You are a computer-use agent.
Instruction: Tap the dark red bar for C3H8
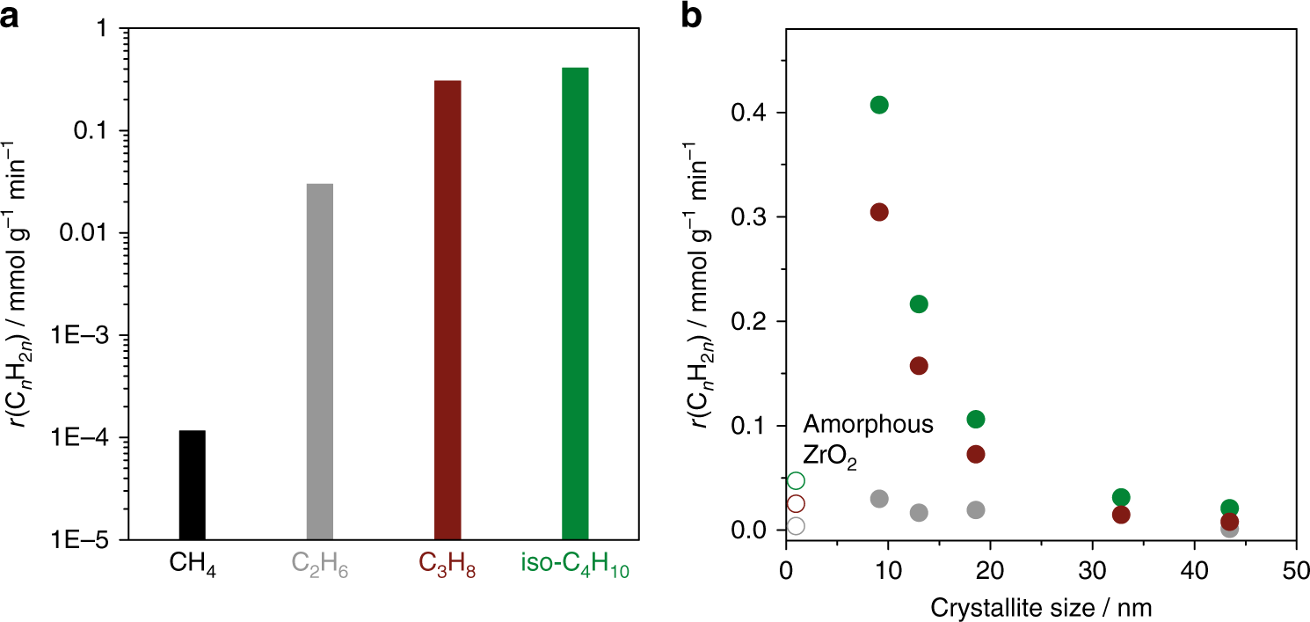point(448,309)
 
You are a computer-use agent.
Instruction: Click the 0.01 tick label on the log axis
point(86,234)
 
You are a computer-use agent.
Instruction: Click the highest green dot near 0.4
point(879,105)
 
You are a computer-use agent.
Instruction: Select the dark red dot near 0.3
point(879,212)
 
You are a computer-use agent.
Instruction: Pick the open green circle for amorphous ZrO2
point(796,480)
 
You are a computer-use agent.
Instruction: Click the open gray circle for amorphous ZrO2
point(796,525)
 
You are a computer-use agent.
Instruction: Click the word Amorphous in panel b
point(868,425)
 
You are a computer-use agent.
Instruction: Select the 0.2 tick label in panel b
point(749,322)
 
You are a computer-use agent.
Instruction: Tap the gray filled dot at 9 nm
point(879,499)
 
